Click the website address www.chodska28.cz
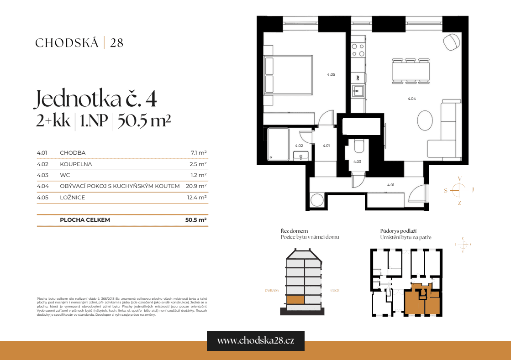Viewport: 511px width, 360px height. [255, 341]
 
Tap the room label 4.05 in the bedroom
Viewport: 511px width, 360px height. [331, 74]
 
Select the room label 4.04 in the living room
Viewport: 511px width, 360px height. [411, 99]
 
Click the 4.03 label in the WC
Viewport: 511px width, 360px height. [357, 162]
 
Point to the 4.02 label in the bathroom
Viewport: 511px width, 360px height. [299, 146]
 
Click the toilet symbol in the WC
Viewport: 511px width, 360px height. [358, 146]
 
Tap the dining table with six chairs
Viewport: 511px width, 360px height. [411, 71]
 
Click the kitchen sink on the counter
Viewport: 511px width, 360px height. [358, 91]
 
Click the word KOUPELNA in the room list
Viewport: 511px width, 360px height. [76, 164]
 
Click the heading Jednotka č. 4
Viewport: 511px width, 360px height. [96, 99]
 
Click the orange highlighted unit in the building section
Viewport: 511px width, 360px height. [295, 300]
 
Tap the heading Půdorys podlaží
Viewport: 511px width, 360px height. [398, 231]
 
